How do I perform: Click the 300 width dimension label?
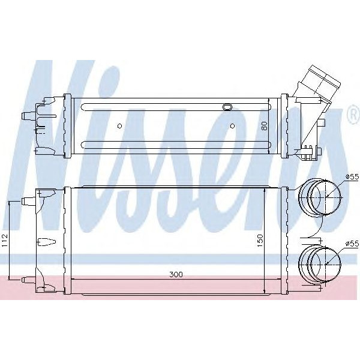175,274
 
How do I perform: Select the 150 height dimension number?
260,241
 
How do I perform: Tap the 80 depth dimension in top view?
263,127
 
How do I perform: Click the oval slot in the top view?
227,107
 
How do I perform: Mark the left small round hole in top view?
120,125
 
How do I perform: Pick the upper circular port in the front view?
324,196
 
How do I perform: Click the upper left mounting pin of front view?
26,200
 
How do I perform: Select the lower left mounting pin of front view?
26,280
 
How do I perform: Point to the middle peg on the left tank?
46,242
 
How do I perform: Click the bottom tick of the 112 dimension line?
10,280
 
